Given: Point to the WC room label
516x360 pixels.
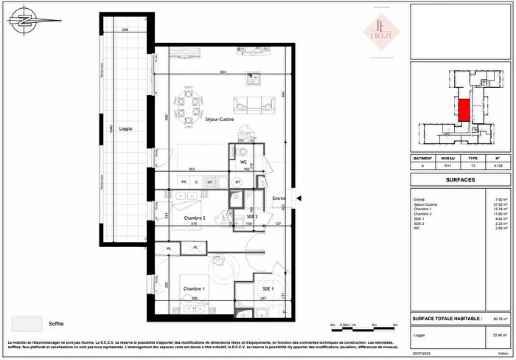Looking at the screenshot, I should pos(243,162).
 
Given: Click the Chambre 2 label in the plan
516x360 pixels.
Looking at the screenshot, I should pos(194,218).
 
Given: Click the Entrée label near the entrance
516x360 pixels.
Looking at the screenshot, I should pos(279,198).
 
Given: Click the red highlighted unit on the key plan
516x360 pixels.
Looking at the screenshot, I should pos(464,111).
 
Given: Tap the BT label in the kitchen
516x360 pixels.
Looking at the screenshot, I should pos(238,181).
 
